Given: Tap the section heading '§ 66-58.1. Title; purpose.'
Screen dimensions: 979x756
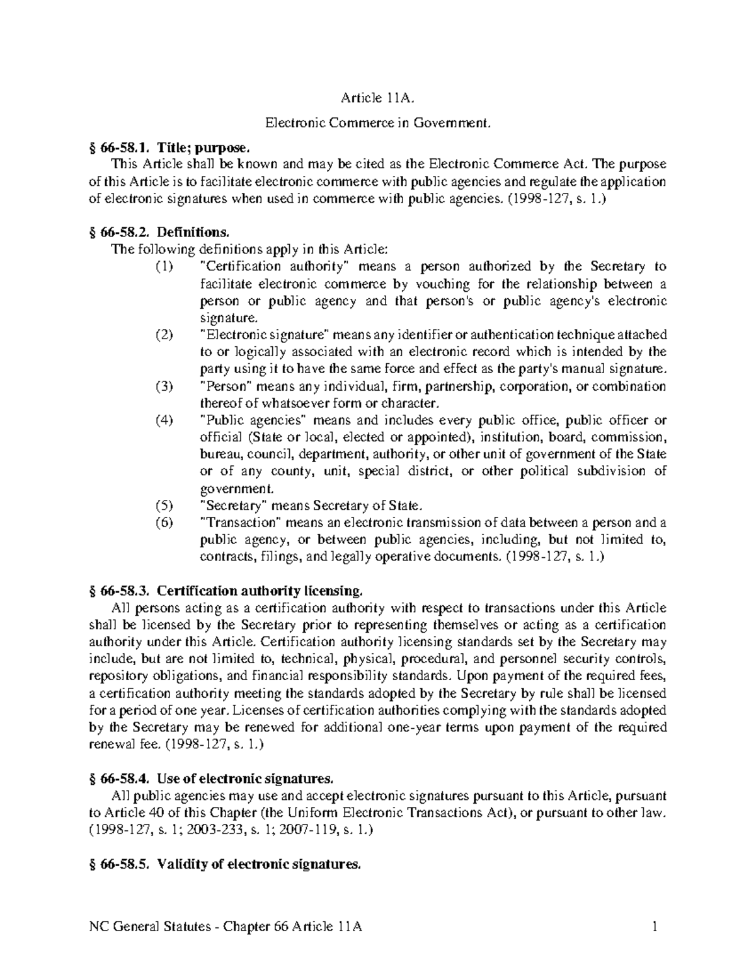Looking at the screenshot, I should click(170, 148).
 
